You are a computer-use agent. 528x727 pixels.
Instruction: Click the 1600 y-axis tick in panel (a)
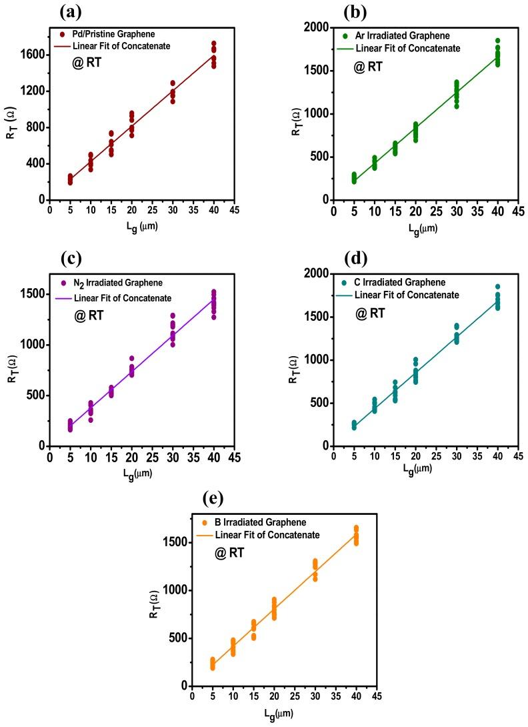(35, 54)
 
